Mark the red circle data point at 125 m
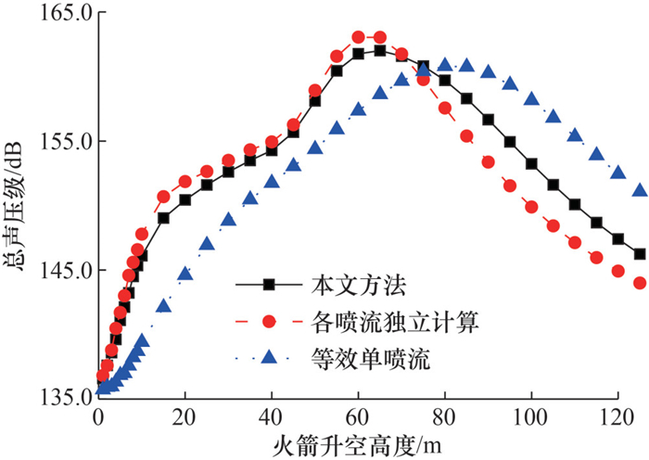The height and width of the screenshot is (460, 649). [x=640, y=283]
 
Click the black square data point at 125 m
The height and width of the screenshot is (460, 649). [x=640, y=254]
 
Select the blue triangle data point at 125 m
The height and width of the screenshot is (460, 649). [x=640, y=190]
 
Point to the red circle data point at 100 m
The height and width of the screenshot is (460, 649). [x=531, y=206]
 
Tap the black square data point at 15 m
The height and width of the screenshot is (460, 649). [x=163, y=218]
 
